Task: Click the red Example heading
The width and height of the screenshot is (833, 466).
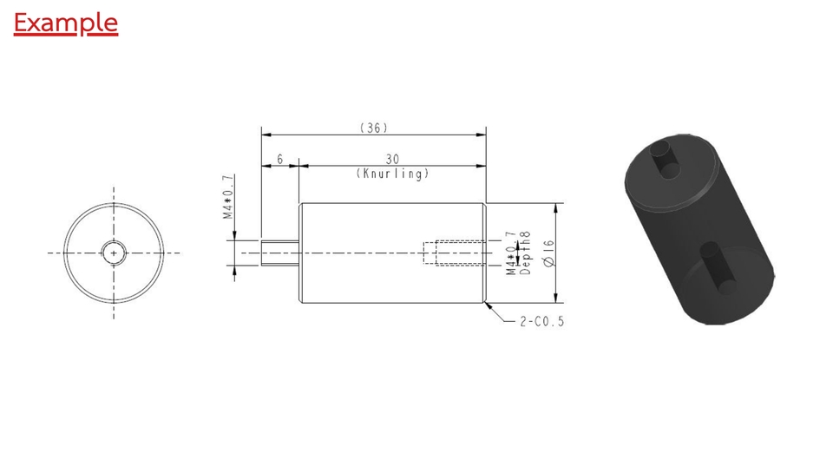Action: tap(65, 23)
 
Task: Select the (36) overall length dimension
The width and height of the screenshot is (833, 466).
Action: tap(373, 128)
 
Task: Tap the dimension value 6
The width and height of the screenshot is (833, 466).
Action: tap(280, 159)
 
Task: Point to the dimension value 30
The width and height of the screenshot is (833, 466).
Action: tap(392, 159)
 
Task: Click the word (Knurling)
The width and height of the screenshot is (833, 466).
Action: tap(392, 174)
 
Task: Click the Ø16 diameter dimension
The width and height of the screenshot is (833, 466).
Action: tap(548, 253)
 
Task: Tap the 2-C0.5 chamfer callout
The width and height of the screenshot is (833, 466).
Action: tap(541, 321)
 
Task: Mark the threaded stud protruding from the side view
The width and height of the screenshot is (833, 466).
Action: tap(280, 253)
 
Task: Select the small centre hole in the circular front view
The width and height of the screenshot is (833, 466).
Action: tap(114, 253)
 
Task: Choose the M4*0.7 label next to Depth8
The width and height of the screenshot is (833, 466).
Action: tap(511, 253)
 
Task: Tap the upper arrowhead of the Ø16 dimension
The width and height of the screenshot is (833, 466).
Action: tap(555, 207)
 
